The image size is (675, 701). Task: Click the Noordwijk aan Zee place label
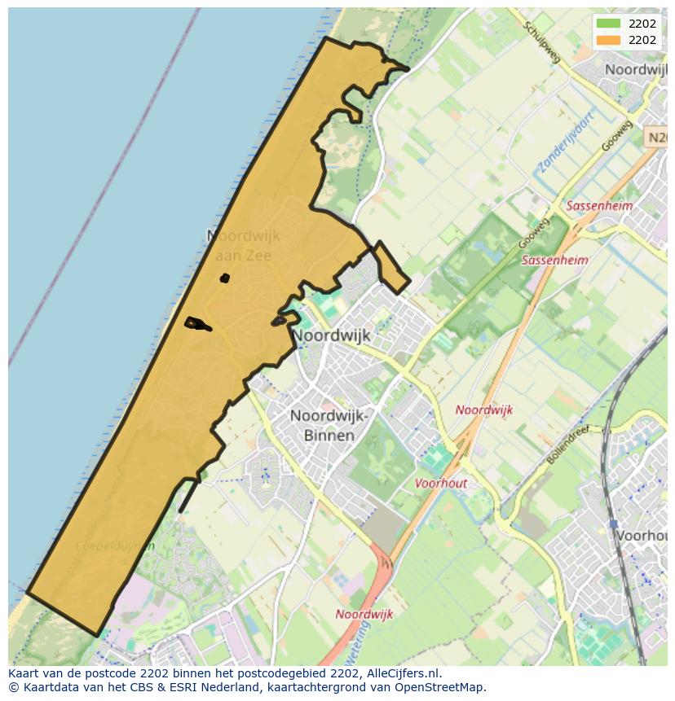[243, 245]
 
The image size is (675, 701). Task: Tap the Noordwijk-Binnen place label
[323, 425]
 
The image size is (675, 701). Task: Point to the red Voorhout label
[441, 483]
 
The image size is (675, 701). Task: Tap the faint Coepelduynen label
[114, 546]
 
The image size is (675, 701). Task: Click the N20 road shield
[657, 138]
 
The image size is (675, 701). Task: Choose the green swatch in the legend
[608, 24]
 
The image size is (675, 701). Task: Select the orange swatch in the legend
[608, 40]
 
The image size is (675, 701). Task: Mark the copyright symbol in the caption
[13, 687]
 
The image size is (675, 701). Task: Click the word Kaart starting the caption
[25, 673]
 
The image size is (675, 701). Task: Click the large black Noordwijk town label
[331, 335]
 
